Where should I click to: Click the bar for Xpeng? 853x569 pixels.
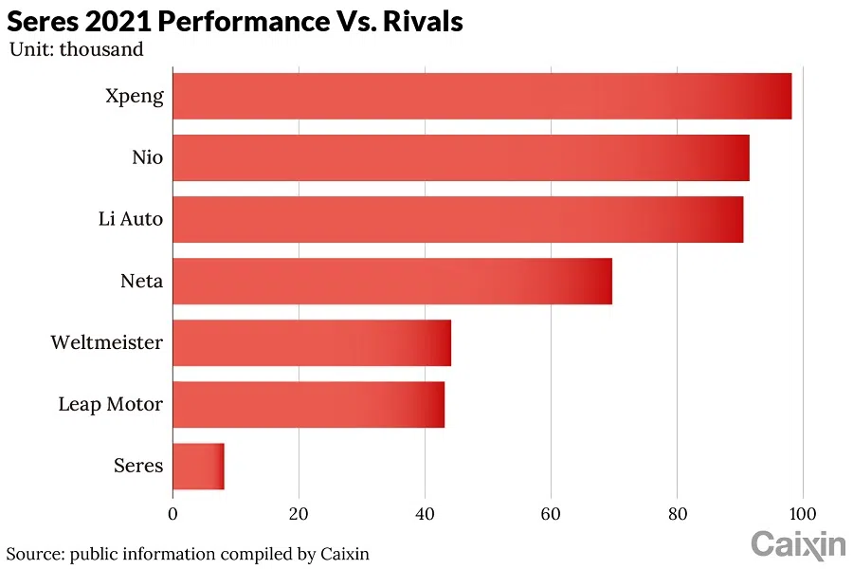pyautogui.click(x=481, y=96)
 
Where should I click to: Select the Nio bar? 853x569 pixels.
pyautogui.click(x=461, y=157)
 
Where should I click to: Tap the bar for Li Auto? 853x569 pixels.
pyautogui.click(x=458, y=219)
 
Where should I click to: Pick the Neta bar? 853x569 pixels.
pyautogui.click(x=392, y=281)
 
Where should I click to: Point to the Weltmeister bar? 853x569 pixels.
pyautogui.click(x=312, y=342)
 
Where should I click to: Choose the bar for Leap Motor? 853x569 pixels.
pyautogui.click(x=308, y=404)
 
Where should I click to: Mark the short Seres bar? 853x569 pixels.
pyautogui.click(x=198, y=466)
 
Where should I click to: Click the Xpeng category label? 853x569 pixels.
pyautogui.click(x=133, y=96)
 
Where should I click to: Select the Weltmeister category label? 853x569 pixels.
pyautogui.click(x=106, y=342)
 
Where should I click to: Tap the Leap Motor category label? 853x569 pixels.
pyautogui.click(x=110, y=404)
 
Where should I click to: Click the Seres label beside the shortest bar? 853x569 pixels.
pyautogui.click(x=138, y=466)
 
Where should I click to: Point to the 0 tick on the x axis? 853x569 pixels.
pyautogui.click(x=172, y=514)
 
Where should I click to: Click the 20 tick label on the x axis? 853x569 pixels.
pyautogui.click(x=299, y=514)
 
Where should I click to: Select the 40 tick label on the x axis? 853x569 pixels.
pyautogui.click(x=425, y=514)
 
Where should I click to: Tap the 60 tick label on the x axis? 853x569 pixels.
pyautogui.click(x=551, y=514)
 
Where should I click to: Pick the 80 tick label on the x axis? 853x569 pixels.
pyautogui.click(x=677, y=514)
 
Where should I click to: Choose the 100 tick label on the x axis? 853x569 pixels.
pyautogui.click(x=803, y=514)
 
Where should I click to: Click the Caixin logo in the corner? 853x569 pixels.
pyautogui.click(x=798, y=544)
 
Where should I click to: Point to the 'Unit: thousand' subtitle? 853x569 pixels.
pyautogui.click(x=77, y=49)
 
